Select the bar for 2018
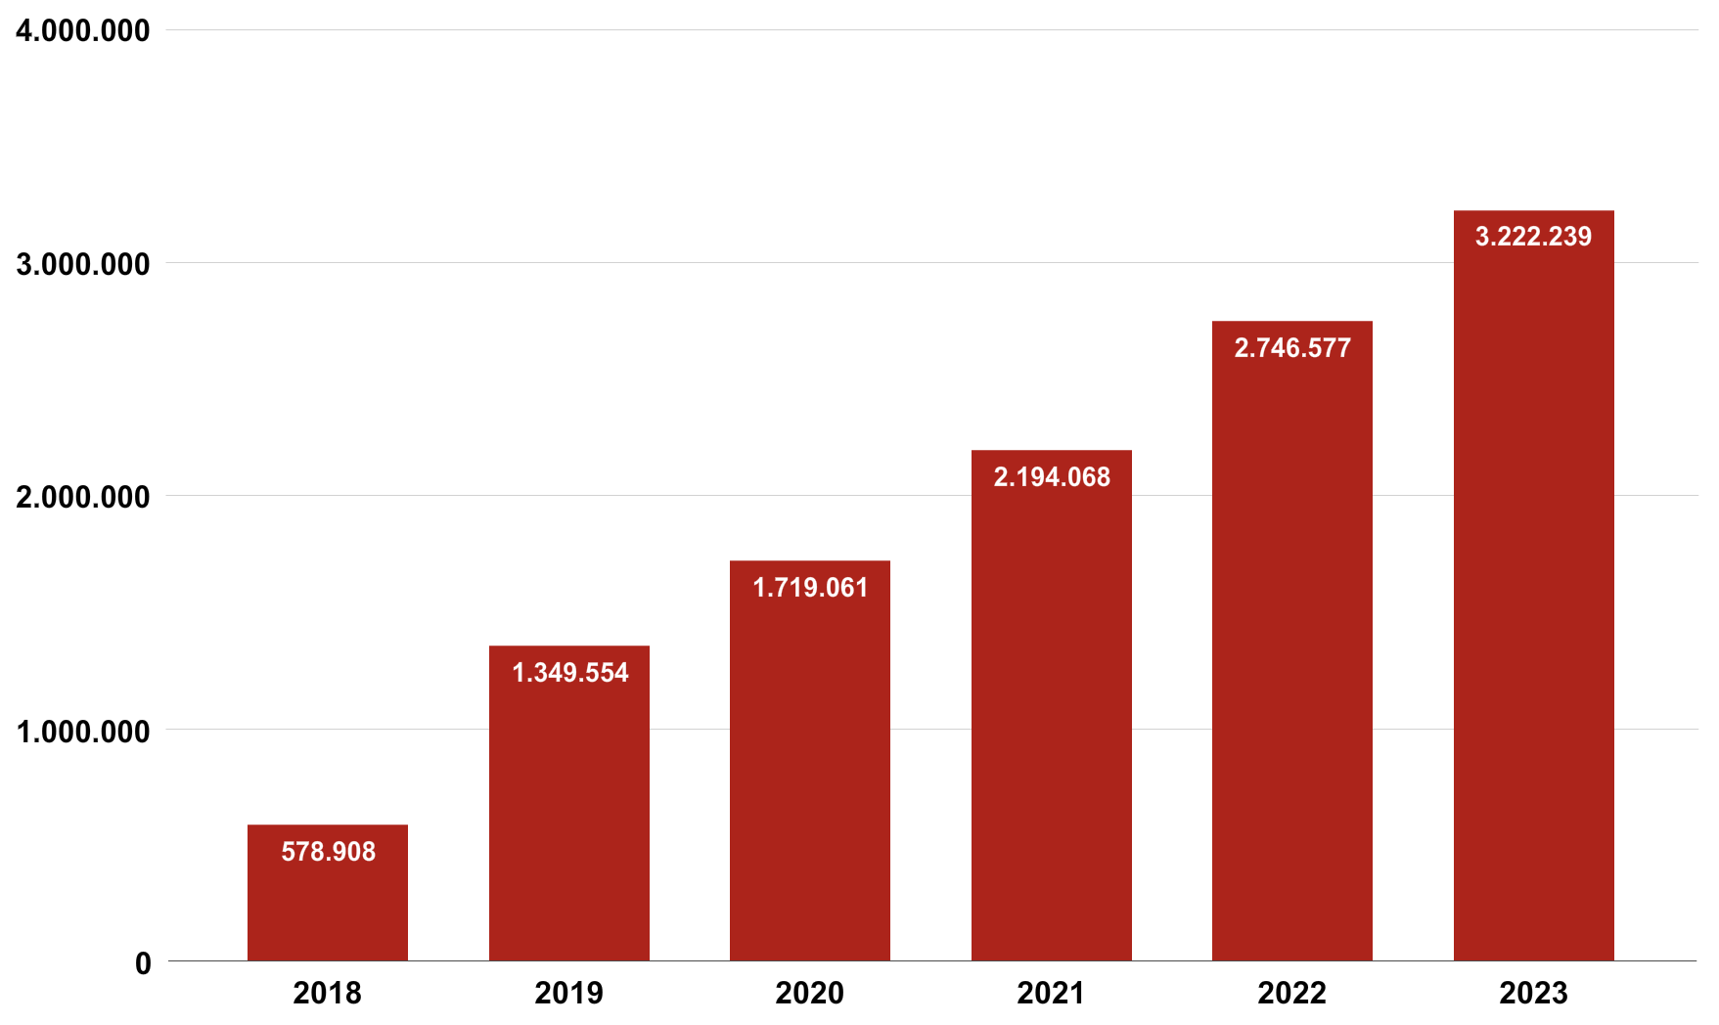(x=328, y=893)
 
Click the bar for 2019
(x=569, y=803)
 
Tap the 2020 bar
(x=810, y=761)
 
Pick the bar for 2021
(x=1052, y=705)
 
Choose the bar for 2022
(x=1292, y=641)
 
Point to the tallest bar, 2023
(x=1534, y=586)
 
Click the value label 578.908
(x=329, y=852)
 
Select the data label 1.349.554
(x=570, y=673)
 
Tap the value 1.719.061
(x=810, y=588)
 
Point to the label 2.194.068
(x=1052, y=477)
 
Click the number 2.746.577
(x=1292, y=348)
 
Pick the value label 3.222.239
(x=1534, y=237)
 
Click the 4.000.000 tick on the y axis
(x=83, y=31)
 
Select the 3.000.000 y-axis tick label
(x=83, y=264)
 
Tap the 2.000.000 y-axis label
(x=83, y=497)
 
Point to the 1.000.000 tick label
(x=83, y=731)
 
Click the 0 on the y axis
(x=143, y=963)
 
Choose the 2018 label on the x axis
(x=328, y=994)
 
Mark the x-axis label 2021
(x=1052, y=994)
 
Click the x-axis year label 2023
(x=1534, y=994)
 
